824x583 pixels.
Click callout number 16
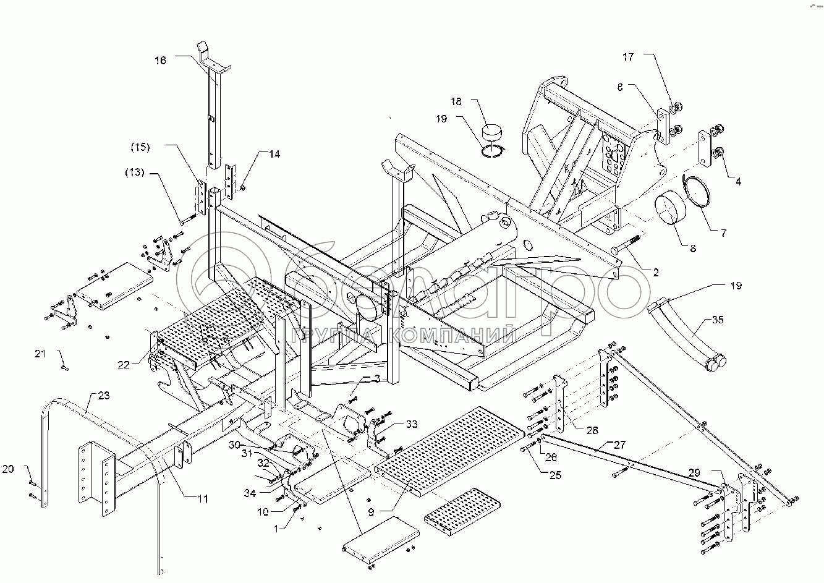point(160,61)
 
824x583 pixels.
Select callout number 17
point(628,57)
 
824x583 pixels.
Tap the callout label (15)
point(140,147)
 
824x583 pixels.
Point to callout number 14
point(274,154)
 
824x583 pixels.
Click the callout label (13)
point(135,172)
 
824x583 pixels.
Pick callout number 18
point(456,101)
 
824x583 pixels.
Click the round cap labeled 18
point(492,133)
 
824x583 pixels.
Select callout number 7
point(723,233)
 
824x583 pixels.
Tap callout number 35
point(718,320)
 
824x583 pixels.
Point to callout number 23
point(104,396)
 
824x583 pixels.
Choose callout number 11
point(203,499)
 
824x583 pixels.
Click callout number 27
point(619,445)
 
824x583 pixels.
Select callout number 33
point(412,424)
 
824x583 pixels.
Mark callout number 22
point(124,365)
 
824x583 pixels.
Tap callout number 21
point(40,354)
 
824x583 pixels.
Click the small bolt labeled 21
point(65,367)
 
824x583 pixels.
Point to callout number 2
point(655,273)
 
